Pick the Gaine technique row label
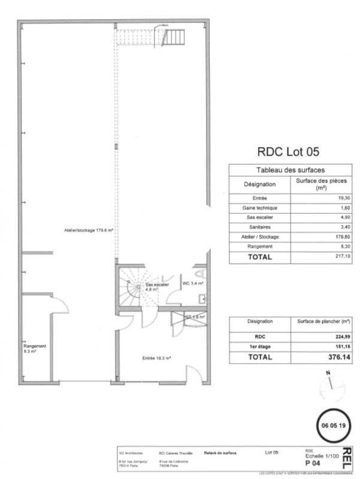coord(260,208)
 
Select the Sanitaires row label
coord(260,227)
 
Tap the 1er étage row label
coord(260,346)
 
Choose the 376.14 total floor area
coord(337,357)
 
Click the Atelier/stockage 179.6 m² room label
coord(89,230)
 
